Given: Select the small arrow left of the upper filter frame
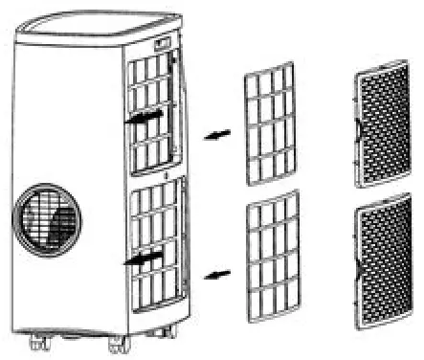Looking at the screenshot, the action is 217,137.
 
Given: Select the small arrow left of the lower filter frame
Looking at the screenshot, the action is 218,275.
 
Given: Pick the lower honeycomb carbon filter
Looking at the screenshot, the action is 383,263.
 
